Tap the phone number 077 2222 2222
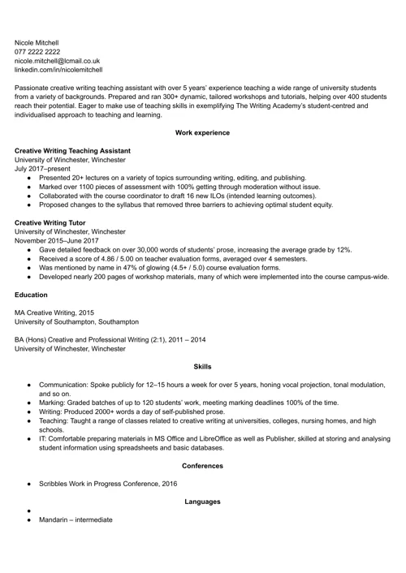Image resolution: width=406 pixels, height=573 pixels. (37, 51)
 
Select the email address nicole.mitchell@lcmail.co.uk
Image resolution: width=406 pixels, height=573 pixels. (58, 60)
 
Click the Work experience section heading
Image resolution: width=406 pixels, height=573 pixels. (202, 132)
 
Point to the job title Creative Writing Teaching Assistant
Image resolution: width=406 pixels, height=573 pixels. (73, 151)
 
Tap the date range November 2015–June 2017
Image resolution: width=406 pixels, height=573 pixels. (57, 241)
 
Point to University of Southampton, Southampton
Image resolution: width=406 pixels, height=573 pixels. (77, 321)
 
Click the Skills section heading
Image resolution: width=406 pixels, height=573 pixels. (202, 367)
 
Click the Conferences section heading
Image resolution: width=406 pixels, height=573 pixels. (202, 466)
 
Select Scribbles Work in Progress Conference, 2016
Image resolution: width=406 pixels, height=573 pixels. (108, 484)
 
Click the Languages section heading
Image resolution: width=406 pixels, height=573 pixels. (202, 502)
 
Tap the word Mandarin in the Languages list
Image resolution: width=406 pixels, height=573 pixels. (56, 519)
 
